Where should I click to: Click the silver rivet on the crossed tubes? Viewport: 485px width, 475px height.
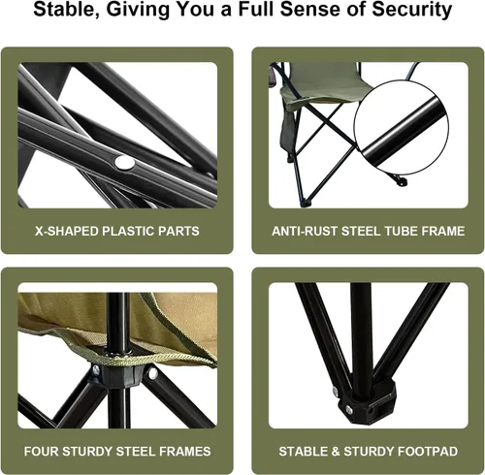click(x=125, y=163)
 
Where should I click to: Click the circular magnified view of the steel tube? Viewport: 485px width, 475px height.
click(x=402, y=127)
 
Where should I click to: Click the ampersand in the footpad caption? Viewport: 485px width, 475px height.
click(x=335, y=452)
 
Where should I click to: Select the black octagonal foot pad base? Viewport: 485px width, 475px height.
click(x=367, y=400)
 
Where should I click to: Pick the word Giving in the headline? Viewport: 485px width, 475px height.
click(x=138, y=10)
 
